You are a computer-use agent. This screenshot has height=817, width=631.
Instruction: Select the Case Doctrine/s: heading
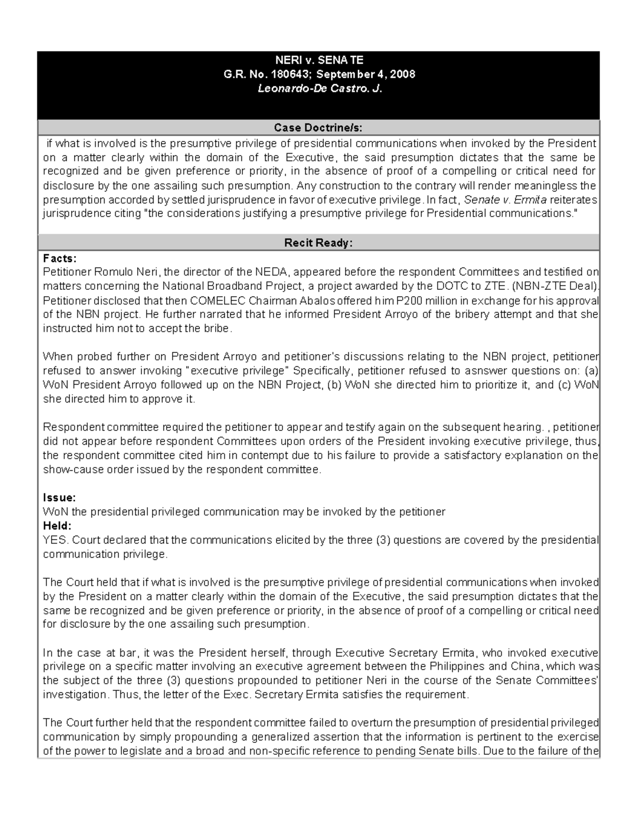tap(318, 128)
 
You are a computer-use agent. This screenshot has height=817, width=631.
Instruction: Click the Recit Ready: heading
tap(318, 243)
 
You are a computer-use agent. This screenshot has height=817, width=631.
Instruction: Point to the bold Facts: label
tap(59, 258)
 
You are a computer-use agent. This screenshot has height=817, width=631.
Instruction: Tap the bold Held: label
tap(57, 526)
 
